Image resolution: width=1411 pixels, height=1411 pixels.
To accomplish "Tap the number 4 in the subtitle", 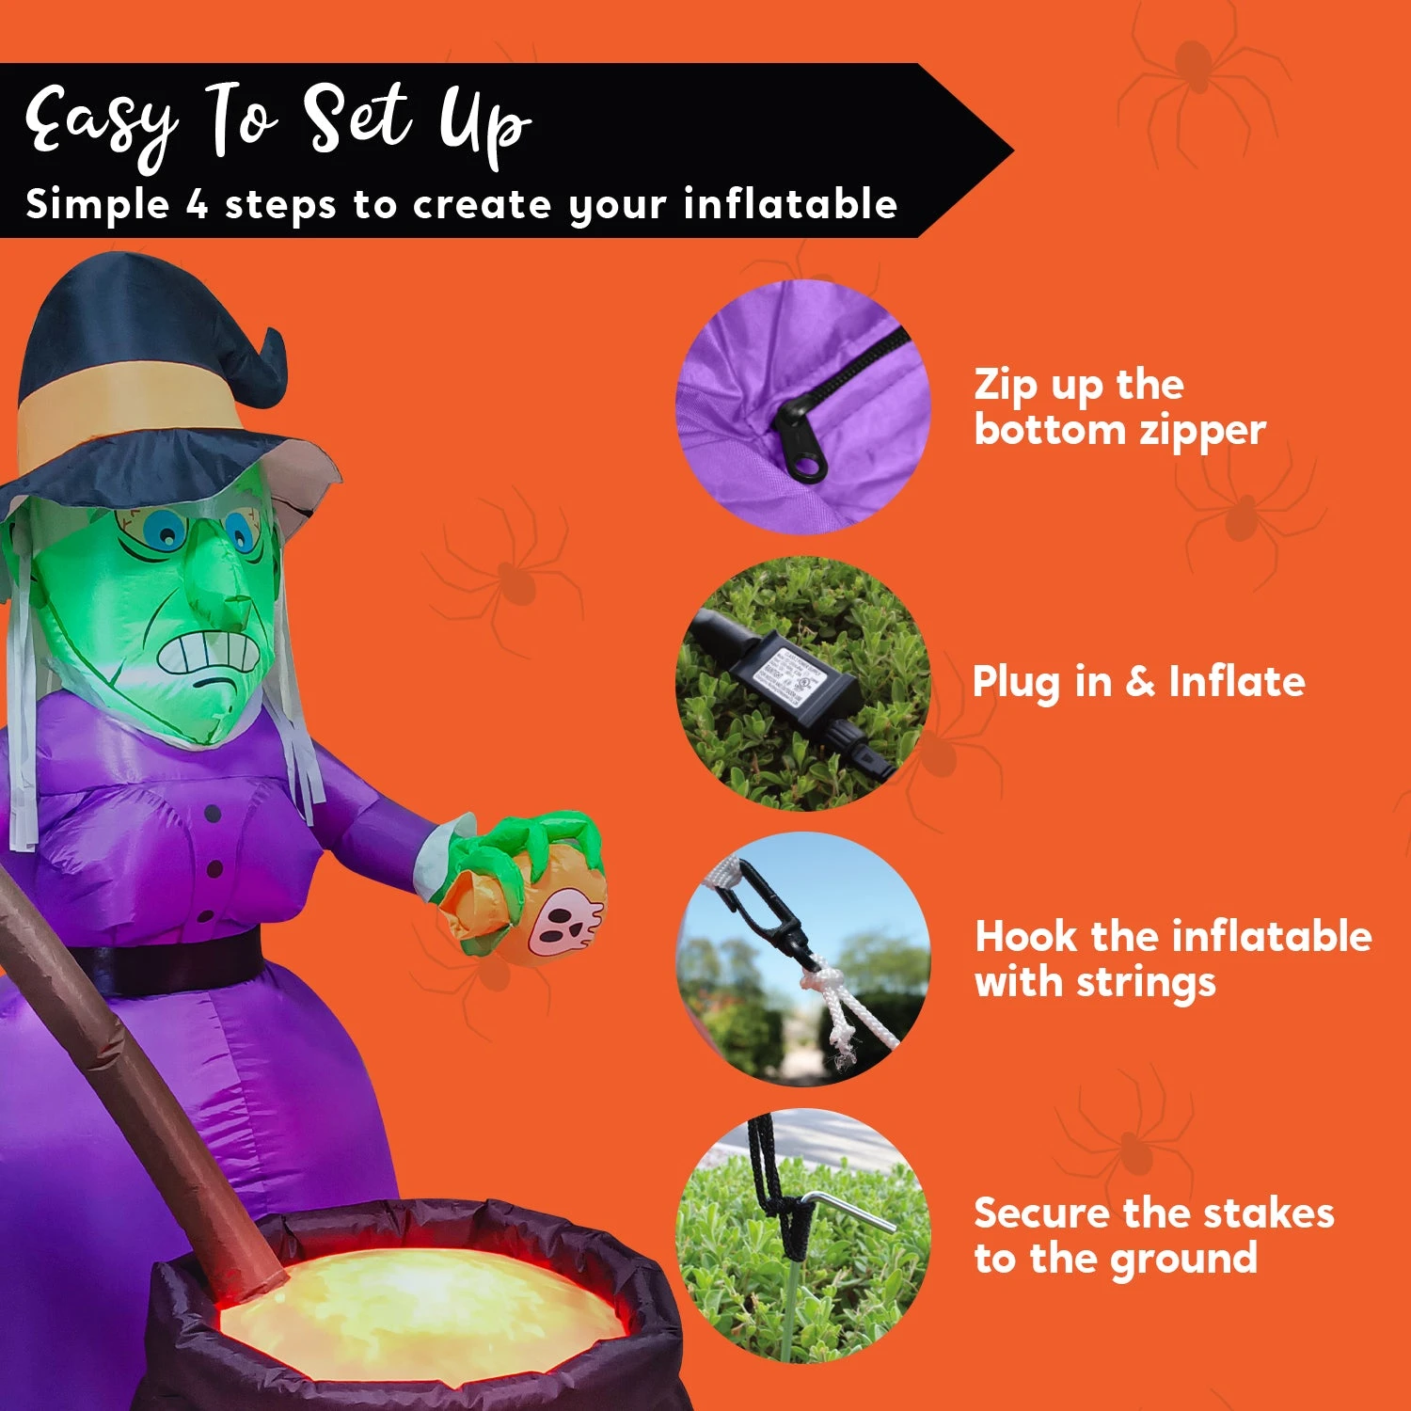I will click(196, 204).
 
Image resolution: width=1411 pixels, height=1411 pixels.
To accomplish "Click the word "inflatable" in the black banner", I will click(790, 204).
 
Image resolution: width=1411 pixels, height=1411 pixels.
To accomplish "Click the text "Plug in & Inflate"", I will click(1138, 682).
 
